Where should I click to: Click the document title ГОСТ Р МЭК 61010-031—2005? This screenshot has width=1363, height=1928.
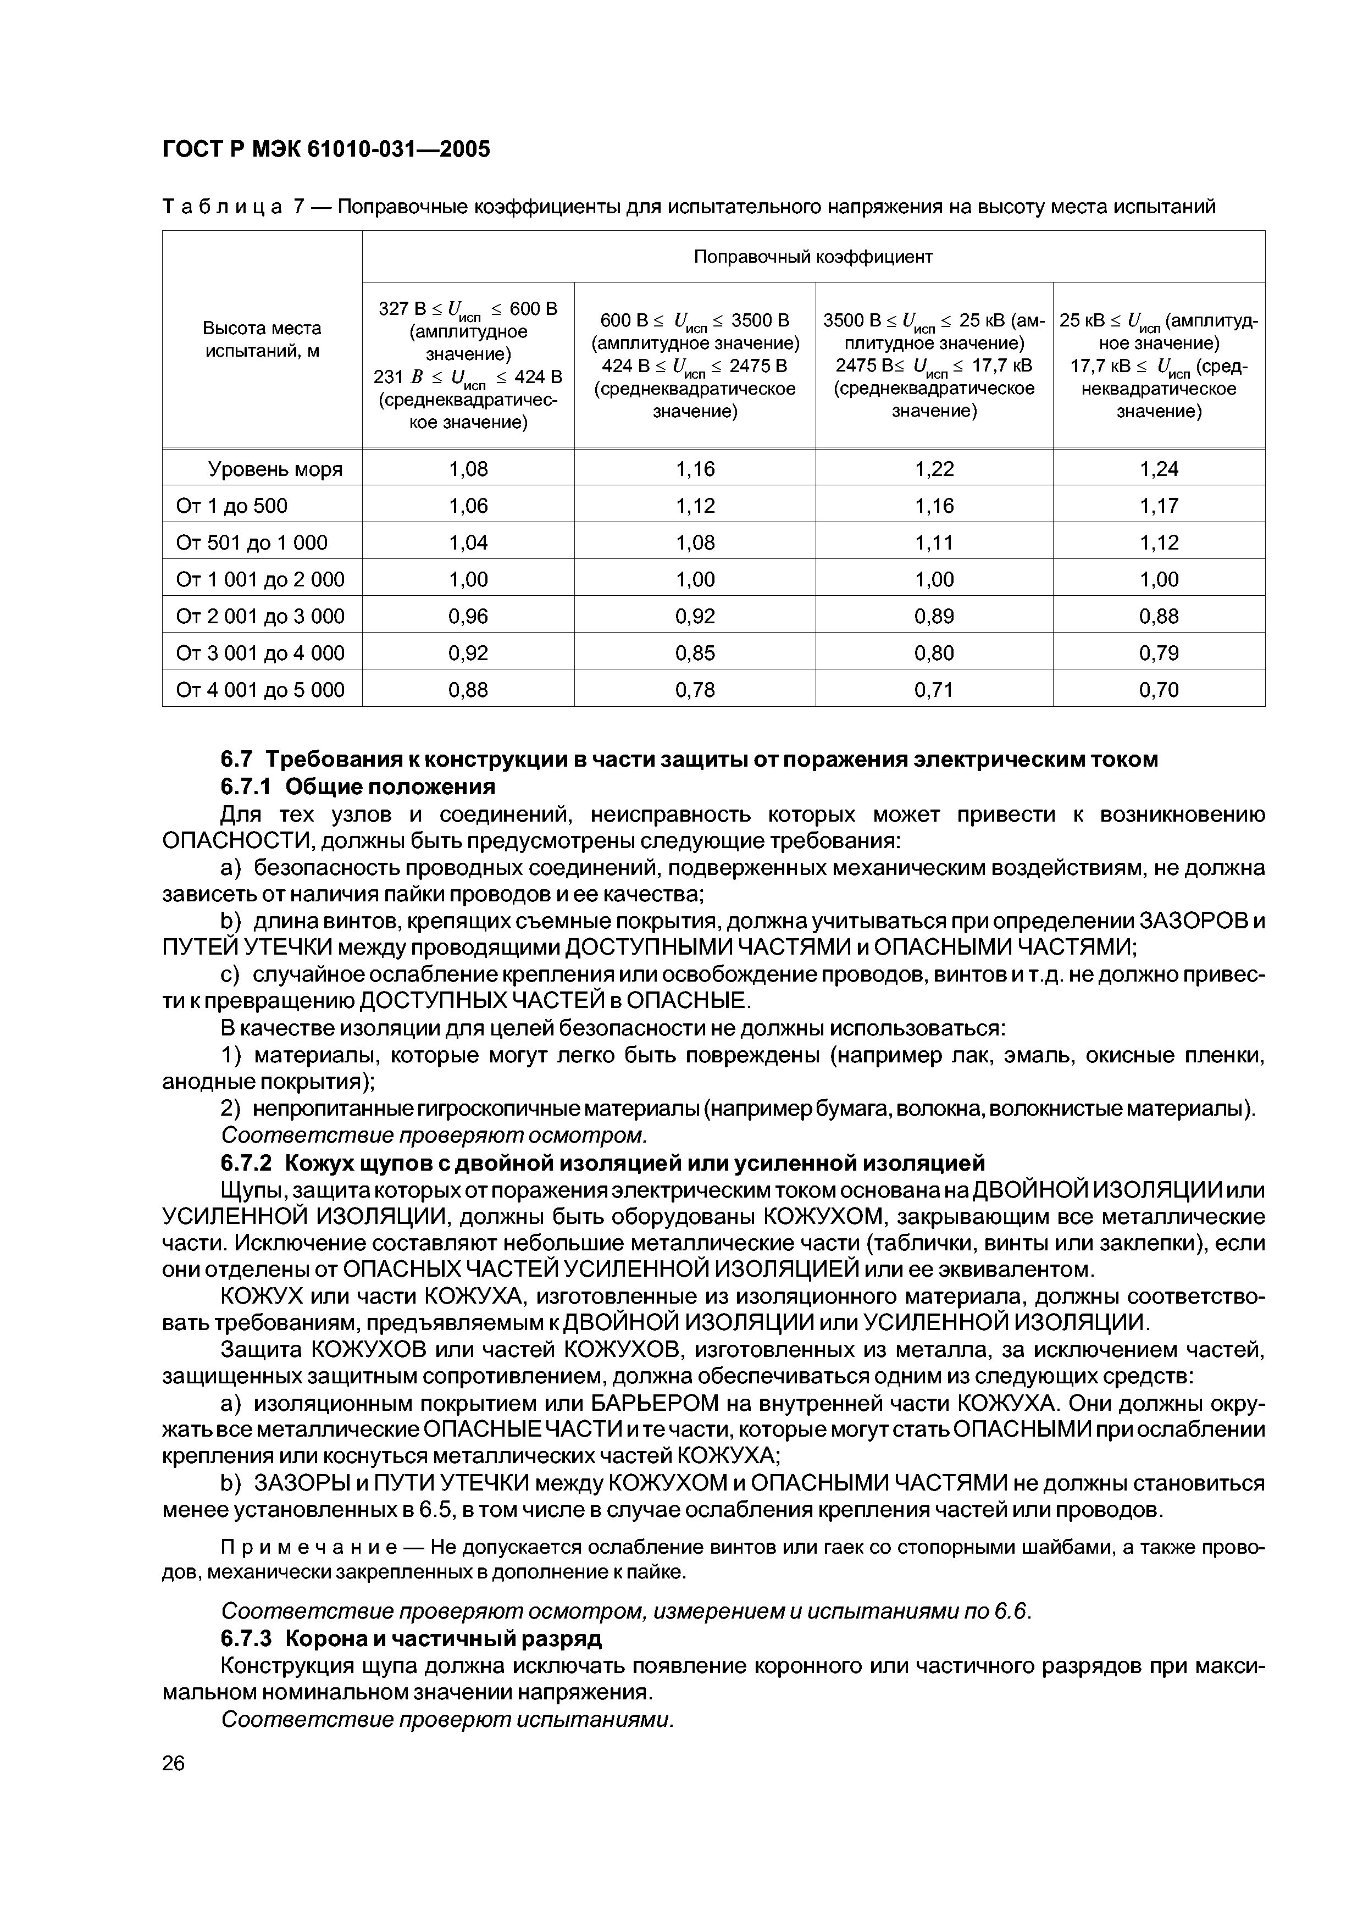point(325,149)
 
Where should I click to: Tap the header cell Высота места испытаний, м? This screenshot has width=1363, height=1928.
point(262,339)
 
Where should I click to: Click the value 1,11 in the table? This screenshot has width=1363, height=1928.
point(933,542)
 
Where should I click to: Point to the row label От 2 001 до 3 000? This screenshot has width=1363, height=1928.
point(261,616)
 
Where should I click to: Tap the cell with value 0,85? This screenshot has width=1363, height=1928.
point(695,653)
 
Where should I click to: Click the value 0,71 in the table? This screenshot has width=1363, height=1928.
point(933,690)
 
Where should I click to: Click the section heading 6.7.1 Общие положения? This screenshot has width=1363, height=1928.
point(357,787)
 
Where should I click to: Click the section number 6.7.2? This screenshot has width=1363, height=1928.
point(248,1163)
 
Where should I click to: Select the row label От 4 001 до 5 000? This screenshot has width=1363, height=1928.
point(261,690)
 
